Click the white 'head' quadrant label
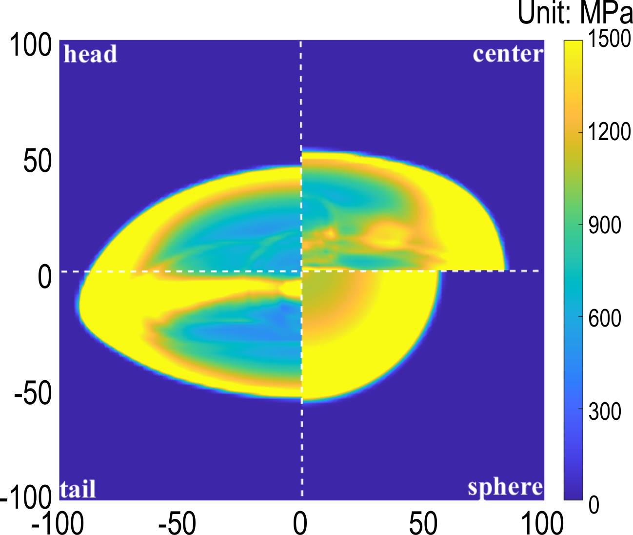91,54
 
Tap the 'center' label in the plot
508,54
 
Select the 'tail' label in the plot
78,489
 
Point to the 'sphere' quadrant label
505,487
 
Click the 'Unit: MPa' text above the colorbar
574,14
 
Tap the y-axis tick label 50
38,163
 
